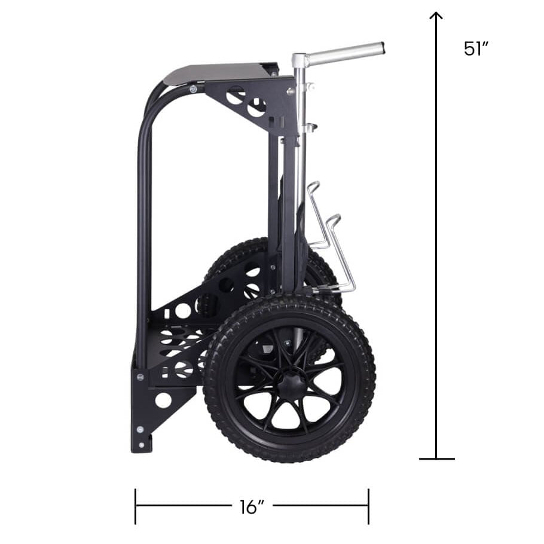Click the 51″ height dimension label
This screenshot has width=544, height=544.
(476, 48)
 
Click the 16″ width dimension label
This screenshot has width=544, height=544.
(252, 507)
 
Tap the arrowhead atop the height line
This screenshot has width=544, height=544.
(436, 16)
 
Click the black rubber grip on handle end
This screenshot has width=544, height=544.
(383, 48)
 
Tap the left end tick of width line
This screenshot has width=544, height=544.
(135, 506)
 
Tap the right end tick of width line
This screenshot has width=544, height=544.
(368, 506)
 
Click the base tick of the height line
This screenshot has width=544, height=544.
(437, 459)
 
